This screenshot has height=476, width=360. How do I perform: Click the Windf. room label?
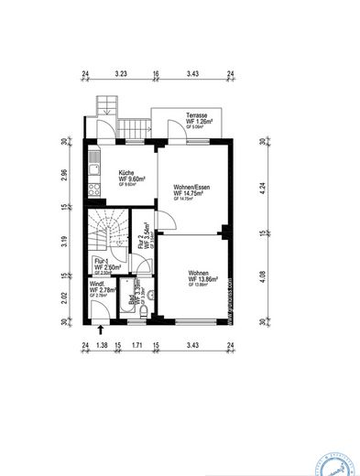pos(96,284)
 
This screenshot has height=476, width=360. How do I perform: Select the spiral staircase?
pos(108,233)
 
